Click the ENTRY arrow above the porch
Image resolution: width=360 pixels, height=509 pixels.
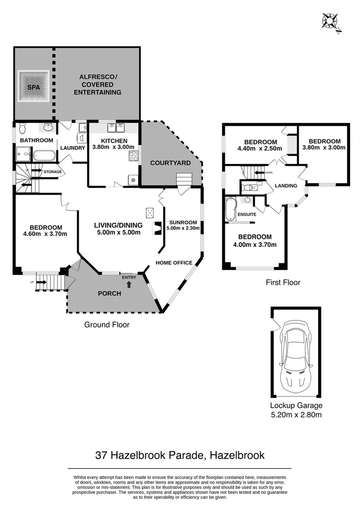click(x=129, y=284)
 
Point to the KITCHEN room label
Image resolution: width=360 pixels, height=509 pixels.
click(x=114, y=140)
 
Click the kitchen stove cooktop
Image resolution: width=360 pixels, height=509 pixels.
click(x=133, y=156)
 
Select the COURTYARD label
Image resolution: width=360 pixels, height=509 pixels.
click(x=170, y=163)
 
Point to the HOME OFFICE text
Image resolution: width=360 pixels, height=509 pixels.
click(x=174, y=263)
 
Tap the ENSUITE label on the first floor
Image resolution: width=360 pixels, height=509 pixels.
click(x=247, y=214)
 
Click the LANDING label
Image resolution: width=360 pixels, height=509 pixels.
click(x=286, y=186)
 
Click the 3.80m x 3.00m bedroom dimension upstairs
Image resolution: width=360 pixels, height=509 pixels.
click(x=324, y=147)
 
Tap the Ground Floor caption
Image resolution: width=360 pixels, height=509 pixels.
click(x=106, y=324)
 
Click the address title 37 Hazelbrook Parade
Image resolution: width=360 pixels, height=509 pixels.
click(x=180, y=455)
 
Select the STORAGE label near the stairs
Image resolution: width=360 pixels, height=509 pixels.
click(x=53, y=172)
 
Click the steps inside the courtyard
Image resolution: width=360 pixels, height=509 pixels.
click(x=184, y=180)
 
